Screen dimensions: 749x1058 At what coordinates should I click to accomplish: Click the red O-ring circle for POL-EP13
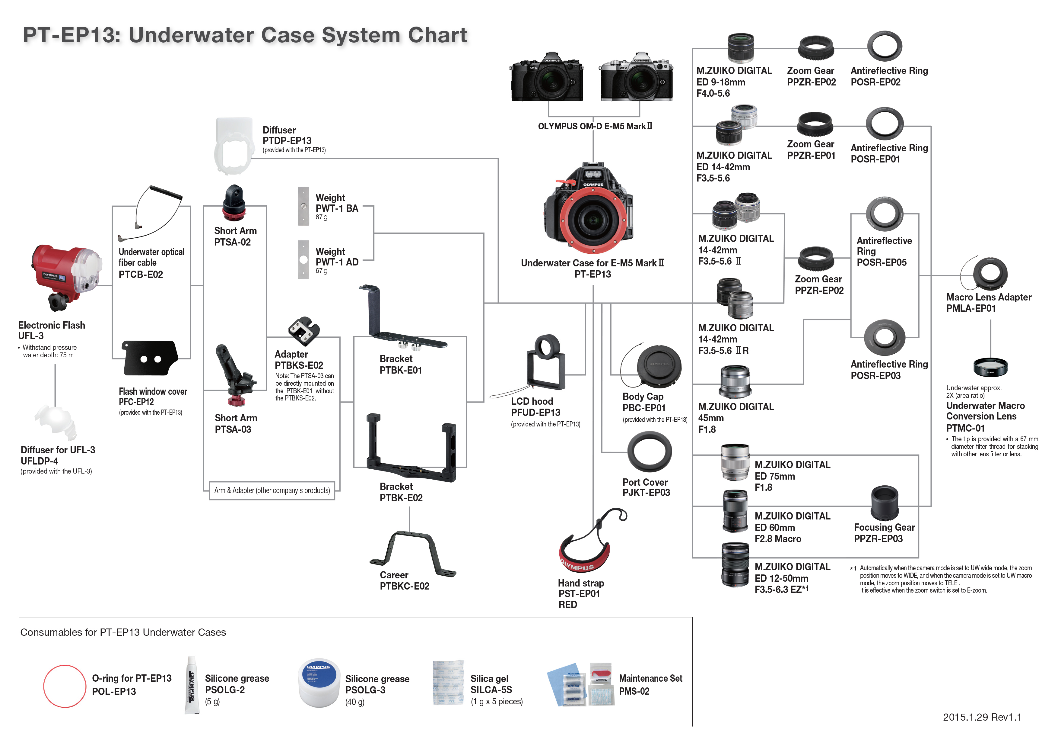click(x=65, y=686)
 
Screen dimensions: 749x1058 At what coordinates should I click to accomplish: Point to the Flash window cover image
click(x=149, y=357)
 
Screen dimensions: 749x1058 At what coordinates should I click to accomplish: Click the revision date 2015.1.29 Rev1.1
click(x=982, y=717)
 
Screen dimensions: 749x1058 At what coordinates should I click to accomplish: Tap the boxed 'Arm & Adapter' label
click(x=272, y=490)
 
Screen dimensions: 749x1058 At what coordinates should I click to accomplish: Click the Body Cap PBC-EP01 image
click(x=658, y=366)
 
